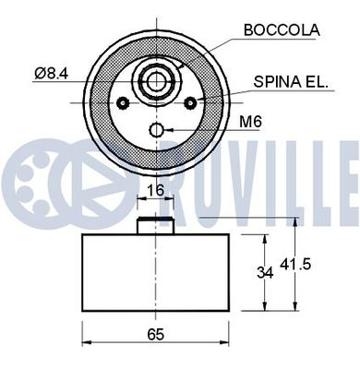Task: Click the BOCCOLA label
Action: [281, 30]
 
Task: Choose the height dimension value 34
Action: [264, 272]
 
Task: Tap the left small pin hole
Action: [120, 102]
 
